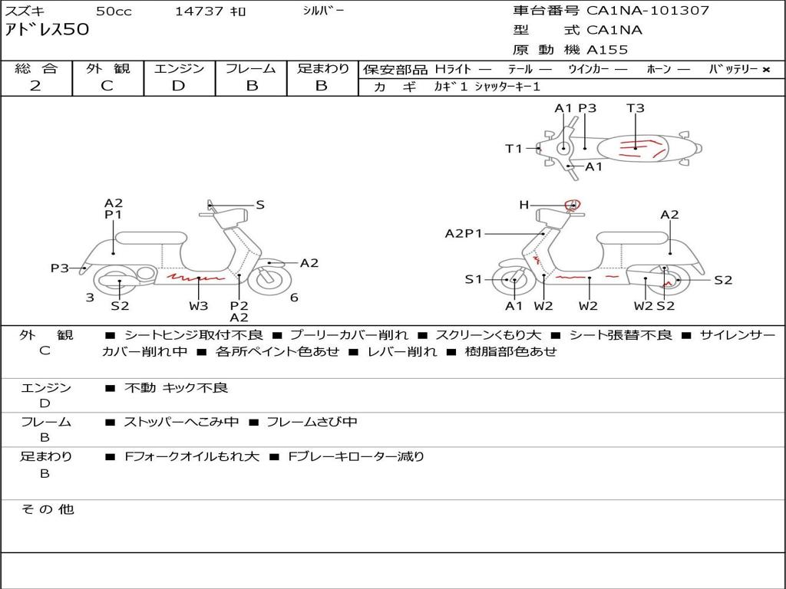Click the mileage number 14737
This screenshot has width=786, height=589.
(x=200, y=12)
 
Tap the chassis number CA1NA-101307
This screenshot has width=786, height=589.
(x=648, y=11)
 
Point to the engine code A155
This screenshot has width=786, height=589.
(x=607, y=50)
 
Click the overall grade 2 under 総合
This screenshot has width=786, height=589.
(x=35, y=86)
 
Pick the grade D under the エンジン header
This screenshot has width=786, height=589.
(x=178, y=86)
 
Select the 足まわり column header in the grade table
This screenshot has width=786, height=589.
(x=323, y=69)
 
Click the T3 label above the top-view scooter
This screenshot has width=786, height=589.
(x=635, y=108)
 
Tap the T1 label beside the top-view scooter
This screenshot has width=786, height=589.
(x=514, y=149)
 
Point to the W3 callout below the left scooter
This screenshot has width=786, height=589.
(x=199, y=306)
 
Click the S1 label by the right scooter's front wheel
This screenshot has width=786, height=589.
(x=474, y=280)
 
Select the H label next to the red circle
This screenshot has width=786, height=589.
(x=523, y=205)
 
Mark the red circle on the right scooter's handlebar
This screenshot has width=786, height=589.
(x=572, y=204)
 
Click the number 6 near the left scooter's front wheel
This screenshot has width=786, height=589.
(x=294, y=298)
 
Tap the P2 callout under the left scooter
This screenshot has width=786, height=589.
(x=239, y=306)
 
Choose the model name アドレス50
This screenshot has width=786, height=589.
(x=48, y=31)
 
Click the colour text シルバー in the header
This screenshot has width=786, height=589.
(x=323, y=11)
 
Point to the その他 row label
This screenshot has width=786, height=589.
(x=47, y=509)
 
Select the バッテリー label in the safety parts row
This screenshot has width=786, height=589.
(x=733, y=69)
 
